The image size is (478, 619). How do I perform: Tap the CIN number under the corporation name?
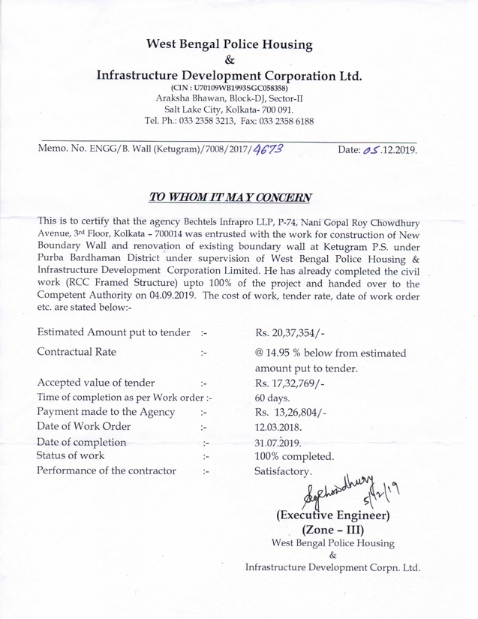[229, 88]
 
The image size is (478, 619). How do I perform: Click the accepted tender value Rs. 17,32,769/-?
[296, 383]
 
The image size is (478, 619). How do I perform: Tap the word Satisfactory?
[283, 471]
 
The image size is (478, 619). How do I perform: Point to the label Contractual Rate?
[77, 350]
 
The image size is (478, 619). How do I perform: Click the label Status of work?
[71, 455]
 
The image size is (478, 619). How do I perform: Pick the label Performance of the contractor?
[107, 471]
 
